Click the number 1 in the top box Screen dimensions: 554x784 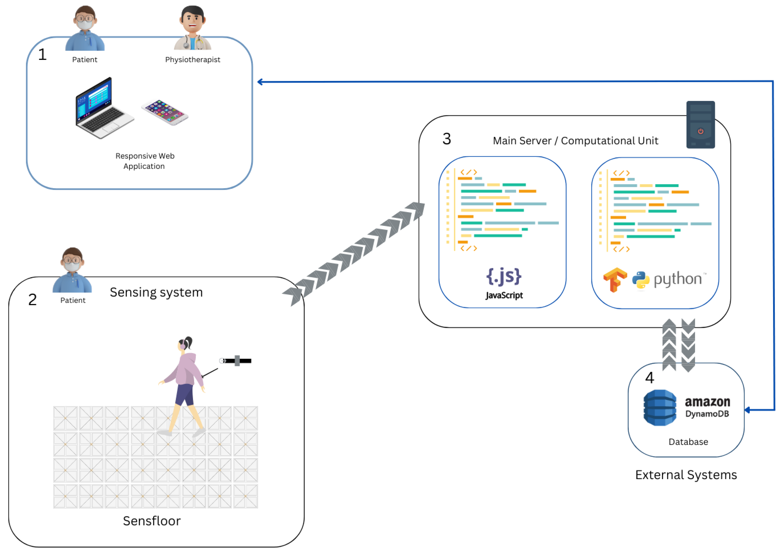(42, 55)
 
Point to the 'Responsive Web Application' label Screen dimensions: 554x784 (145, 161)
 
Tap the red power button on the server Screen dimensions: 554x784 (700, 131)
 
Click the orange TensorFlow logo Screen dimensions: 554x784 (615, 279)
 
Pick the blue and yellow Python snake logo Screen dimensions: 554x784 (641, 280)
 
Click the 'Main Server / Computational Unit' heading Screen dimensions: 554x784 (575, 141)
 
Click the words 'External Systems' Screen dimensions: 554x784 (686, 475)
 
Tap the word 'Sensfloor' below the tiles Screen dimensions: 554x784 (152, 521)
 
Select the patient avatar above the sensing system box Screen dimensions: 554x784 (72, 270)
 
